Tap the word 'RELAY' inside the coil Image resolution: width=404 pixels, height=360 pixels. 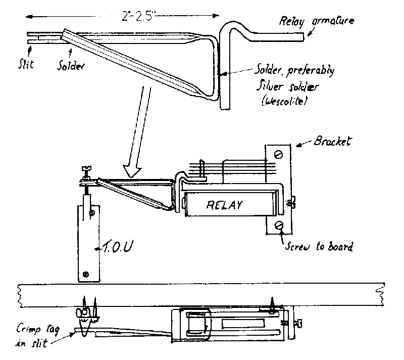[x=224, y=205]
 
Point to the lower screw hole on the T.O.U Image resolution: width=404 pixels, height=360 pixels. [x=86, y=275]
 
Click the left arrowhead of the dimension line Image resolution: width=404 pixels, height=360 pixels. [x=29, y=17]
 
